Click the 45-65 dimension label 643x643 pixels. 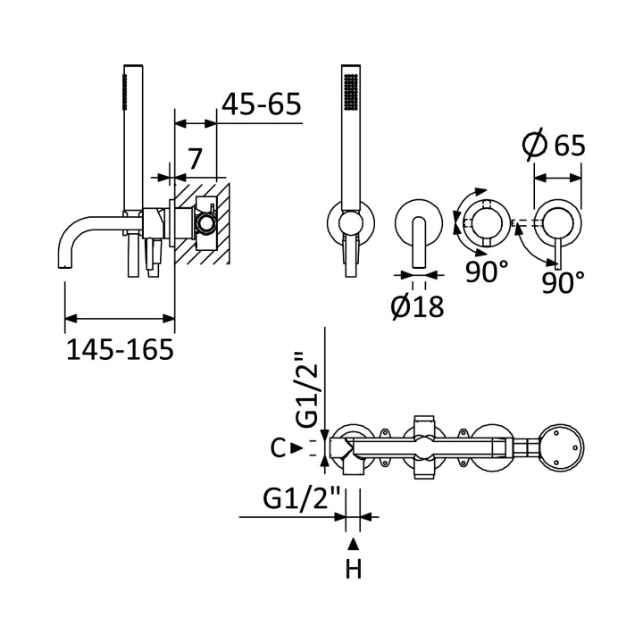[x=261, y=104]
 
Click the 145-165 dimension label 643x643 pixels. [x=121, y=350]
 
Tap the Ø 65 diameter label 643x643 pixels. [x=554, y=144]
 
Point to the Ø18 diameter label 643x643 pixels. [x=417, y=305]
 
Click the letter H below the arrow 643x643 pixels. [x=354, y=569]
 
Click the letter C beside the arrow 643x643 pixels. [x=278, y=447]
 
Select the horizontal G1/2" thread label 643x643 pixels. [x=302, y=499]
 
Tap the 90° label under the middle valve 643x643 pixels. [x=487, y=271]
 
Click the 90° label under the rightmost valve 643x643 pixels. [x=563, y=282]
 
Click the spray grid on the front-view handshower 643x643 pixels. [x=351, y=91]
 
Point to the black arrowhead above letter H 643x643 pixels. [x=354, y=544]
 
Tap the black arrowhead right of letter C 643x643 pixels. [x=296, y=447]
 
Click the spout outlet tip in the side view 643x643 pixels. [x=64, y=266]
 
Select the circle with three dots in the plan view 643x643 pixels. [x=563, y=447]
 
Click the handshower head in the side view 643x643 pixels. [x=133, y=138]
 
